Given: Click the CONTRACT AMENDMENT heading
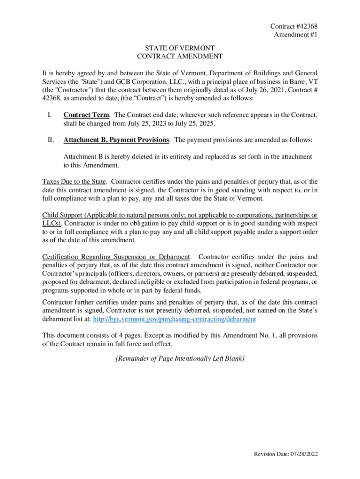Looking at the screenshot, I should (180, 56).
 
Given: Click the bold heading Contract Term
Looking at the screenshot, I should (87, 115).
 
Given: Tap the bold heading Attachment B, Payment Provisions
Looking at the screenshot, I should (116, 140).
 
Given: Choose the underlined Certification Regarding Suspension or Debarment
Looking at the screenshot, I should (116, 257).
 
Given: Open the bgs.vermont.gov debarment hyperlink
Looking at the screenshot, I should (175, 319).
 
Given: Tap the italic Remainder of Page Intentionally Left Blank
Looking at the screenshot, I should (180, 358).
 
